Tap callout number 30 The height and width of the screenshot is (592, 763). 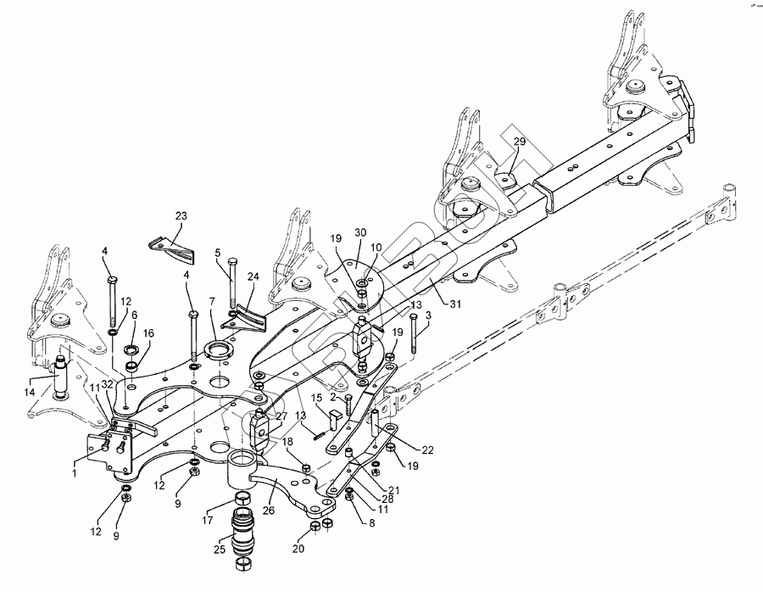click(360, 232)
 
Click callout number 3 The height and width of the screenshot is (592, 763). click(427, 315)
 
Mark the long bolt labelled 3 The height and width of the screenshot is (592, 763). click(414, 335)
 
